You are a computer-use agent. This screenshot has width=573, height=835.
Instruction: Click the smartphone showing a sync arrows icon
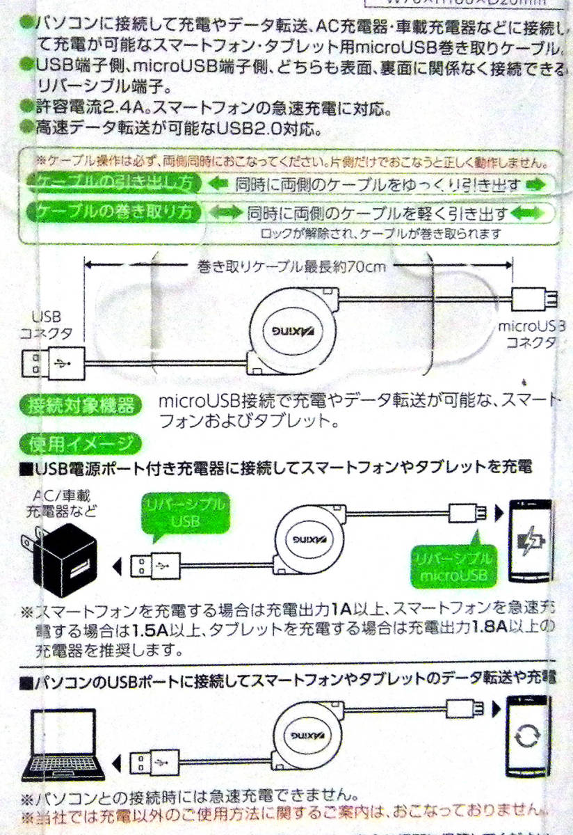[x=526, y=733]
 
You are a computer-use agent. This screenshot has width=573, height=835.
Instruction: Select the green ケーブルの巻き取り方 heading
[x=113, y=211]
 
